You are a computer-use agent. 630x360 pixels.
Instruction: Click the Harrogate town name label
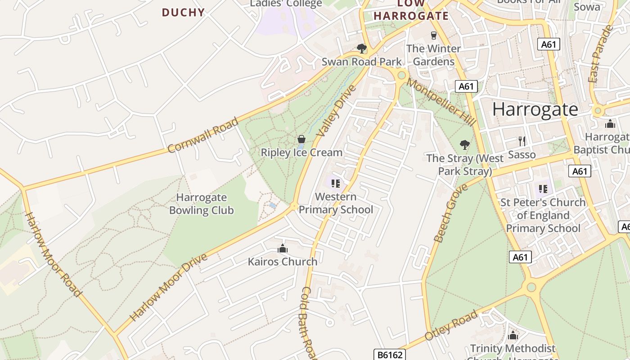pyautogui.click(x=535, y=109)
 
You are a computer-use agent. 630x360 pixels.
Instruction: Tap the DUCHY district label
pyautogui.click(x=183, y=13)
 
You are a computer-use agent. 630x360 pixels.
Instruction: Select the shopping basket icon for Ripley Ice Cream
pyautogui.click(x=301, y=139)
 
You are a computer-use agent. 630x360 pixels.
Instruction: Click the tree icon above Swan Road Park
pyautogui.click(x=361, y=48)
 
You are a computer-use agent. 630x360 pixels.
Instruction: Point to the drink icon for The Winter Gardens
pyautogui.click(x=434, y=35)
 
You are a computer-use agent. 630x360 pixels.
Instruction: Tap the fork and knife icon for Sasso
pyautogui.click(x=522, y=141)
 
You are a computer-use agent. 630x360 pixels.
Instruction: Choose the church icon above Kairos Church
pyautogui.click(x=283, y=248)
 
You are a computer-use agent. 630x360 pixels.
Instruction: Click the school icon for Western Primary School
pyautogui.click(x=335, y=184)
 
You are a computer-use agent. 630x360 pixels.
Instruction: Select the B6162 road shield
pyautogui.click(x=390, y=355)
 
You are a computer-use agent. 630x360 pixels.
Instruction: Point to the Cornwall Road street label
pyautogui.click(x=202, y=135)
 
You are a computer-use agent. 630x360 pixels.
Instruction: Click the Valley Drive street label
pyautogui.click(x=336, y=111)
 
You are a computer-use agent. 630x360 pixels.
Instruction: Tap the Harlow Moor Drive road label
pyautogui.click(x=169, y=288)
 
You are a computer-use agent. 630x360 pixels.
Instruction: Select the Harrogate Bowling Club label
pyautogui.click(x=201, y=204)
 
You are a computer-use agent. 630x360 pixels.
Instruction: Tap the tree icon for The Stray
pyautogui.click(x=465, y=145)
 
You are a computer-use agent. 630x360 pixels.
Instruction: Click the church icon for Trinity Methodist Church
pyautogui.click(x=513, y=336)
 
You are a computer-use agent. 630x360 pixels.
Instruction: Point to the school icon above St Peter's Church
pyautogui.click(x=542, y=188)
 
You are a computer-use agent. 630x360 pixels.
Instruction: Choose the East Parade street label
pyautogui.click(x=601, y=54)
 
